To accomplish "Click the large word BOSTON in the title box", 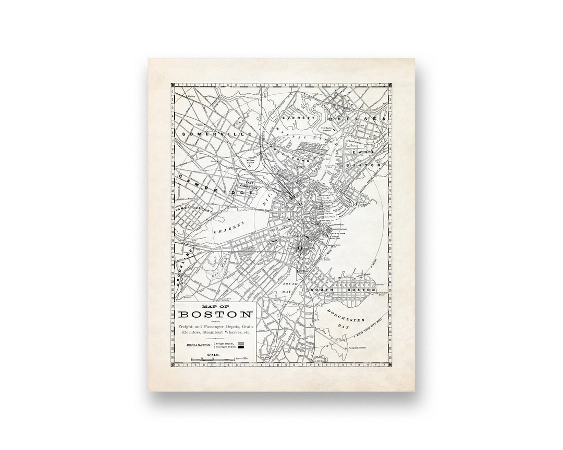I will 215,315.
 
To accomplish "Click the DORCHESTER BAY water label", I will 345,317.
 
